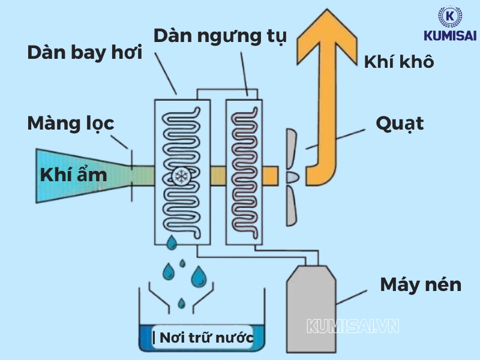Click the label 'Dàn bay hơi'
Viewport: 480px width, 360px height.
click(x=85, y=53)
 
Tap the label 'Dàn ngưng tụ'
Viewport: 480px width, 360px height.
click(x=220, y=35)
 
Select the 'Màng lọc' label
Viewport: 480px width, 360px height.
click(x=70, y=124)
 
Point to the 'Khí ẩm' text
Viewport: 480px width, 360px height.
click(x=73, y=175)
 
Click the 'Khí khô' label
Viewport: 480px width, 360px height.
click(x=399, y=62)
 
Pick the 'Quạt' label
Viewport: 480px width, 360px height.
click(x=400, y=124)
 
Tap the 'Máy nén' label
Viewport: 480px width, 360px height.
click(x=421, y=284)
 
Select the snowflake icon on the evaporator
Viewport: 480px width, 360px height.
click(x=181, y=175)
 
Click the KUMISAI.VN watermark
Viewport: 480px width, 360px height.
click(x=353, y=326)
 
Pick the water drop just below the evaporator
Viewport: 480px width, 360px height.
click(x=172, y=243)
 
